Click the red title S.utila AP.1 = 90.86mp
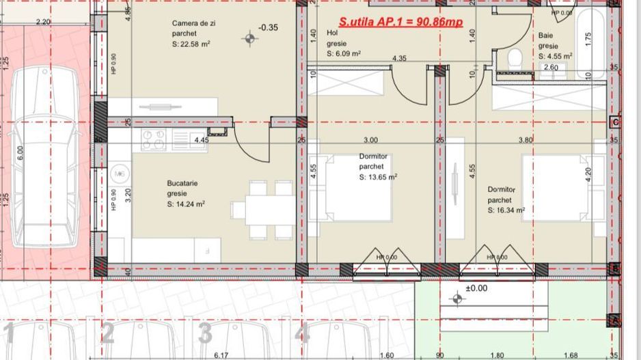[400, 22]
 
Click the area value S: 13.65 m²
[378, 176]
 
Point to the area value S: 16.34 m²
[506, 211]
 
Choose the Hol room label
[333, 32]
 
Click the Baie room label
[545, 35]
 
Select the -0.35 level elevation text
[268, 28]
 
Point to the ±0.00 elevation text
[476, 288]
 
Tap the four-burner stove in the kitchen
[154, 139]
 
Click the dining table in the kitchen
[262, 210]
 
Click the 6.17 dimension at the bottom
[220, 355]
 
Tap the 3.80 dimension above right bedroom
[525, 140]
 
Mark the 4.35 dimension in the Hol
[399, 59]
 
